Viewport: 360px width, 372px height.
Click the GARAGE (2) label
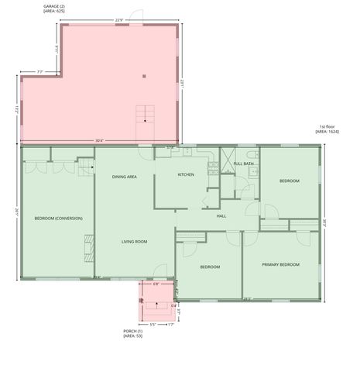click(x=54, y=6)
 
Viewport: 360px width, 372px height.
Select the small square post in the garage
click(x=144, y=76)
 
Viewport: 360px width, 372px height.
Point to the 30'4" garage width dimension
click(x=98, y=140)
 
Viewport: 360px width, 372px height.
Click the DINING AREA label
click(x=125, y=177)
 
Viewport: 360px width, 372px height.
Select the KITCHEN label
click(x=186, y=174)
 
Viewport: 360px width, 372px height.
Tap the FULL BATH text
click(x=244, y=164)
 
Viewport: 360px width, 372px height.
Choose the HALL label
click(x=221, y=215)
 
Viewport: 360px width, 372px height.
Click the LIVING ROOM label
click(x=134, y=242)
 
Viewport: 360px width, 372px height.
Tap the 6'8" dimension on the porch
click(x=156, y=284)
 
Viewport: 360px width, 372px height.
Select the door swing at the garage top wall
click(x=136, y=16)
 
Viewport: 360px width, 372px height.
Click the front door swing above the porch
click(x=161, y=271)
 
